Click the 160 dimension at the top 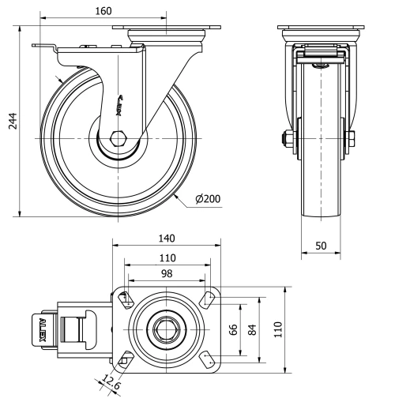102,10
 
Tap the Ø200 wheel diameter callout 207,198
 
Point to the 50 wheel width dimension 321,246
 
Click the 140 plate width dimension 166,238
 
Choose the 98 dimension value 166,273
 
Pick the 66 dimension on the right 233,329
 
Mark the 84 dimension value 251,329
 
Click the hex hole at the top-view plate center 165,329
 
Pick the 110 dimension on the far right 277,329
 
